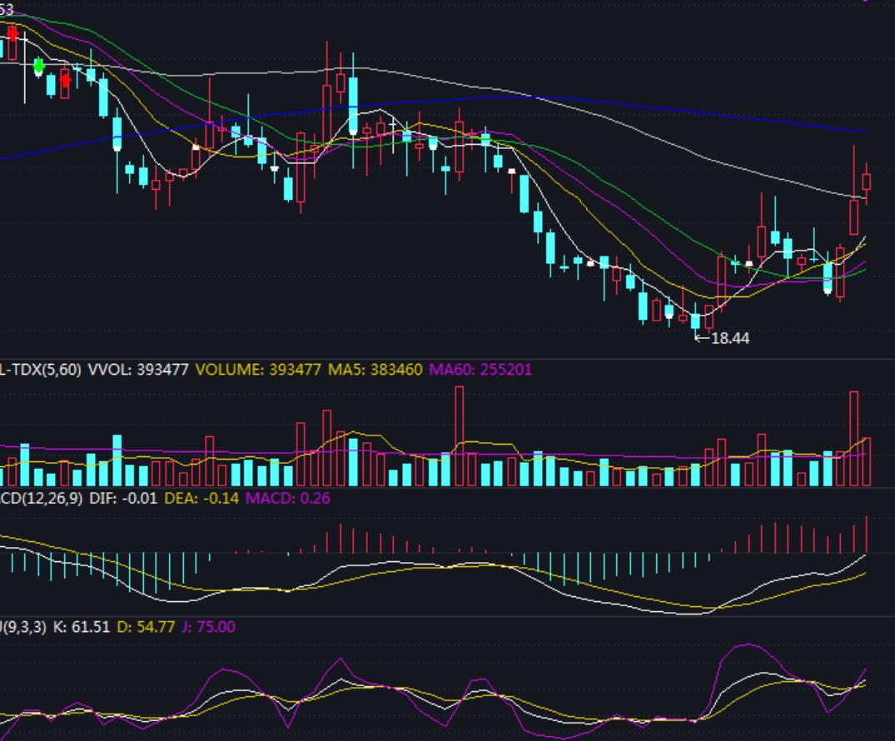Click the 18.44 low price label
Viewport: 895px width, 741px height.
click(731, 338)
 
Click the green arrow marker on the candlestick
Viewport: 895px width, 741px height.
click(38, 65)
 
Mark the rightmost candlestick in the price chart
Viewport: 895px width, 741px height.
click(867, 182)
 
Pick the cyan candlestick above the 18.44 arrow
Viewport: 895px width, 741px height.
click(696, 321)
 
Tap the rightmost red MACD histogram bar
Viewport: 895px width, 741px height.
click(867, 535)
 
